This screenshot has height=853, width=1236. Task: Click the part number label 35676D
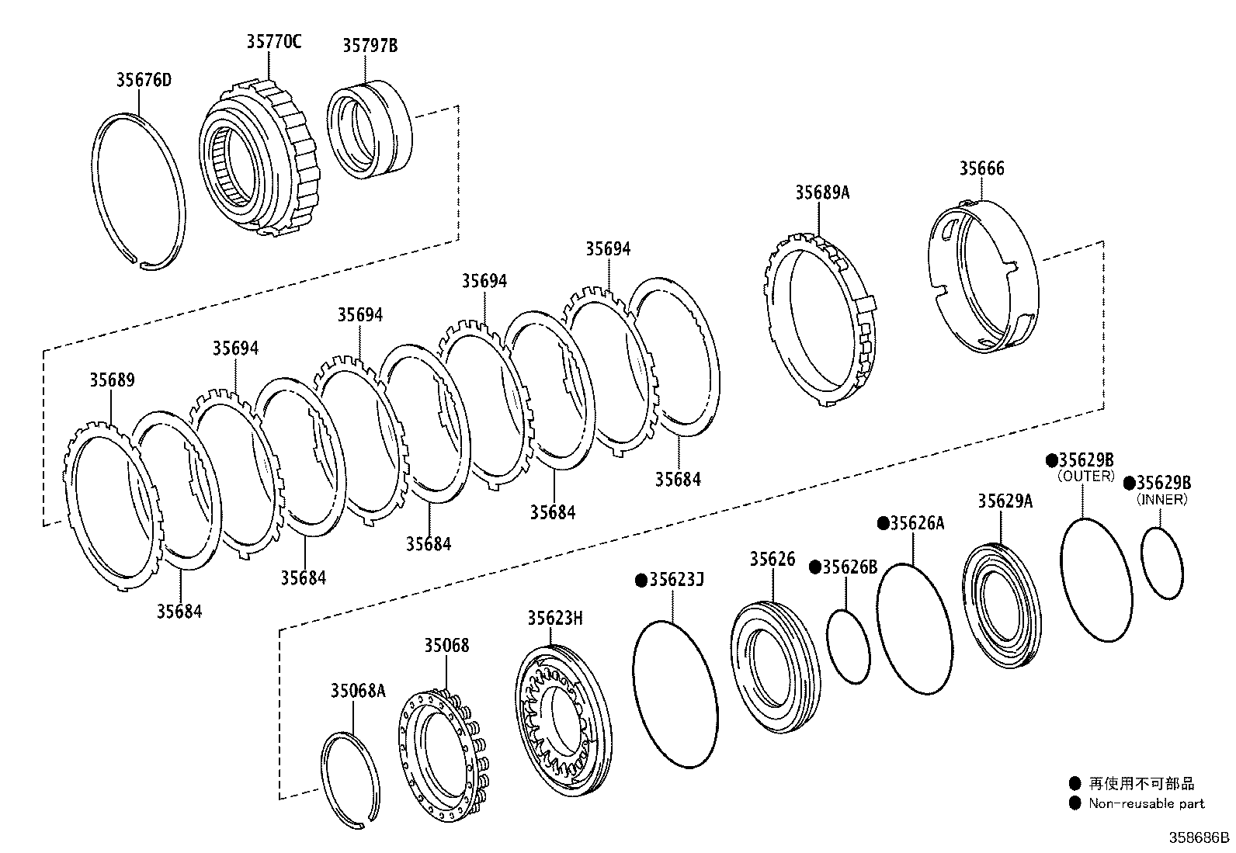[144, 80]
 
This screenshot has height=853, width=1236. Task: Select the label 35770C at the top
[273, 42]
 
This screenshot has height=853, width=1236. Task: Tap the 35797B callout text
[370, 46]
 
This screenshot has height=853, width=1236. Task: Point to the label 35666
[981, 168]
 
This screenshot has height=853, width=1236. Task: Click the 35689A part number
[821, 192]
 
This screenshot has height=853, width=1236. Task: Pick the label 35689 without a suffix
[112, 380]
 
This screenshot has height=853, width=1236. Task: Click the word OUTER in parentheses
[1086, 476]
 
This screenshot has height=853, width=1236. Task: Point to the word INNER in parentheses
[1161, 500]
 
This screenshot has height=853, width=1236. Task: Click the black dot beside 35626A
[883, 523]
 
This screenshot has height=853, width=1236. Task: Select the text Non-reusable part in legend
[1146, 803]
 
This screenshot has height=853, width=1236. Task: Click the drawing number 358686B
[1201, 837]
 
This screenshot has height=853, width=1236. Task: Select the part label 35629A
[1005, 501]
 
